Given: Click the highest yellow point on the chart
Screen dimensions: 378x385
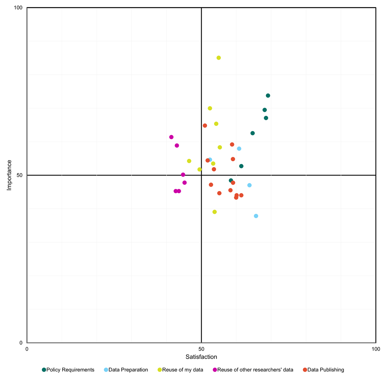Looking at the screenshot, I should [x=218, y=58].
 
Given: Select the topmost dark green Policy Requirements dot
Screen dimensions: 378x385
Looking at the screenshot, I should [x=268, y=96].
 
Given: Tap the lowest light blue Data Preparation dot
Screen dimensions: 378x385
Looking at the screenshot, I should [x=256, y=216].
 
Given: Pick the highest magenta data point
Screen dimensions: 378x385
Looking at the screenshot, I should [x=171, y=137].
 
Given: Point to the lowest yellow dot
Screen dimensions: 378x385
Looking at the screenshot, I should [x=215, y=212].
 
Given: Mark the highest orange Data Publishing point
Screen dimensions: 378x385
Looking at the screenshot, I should [x=205, y=126].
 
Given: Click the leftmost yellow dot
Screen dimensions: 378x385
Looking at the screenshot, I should [x=189, y=161].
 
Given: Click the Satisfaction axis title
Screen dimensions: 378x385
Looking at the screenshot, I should [x=201, y=357].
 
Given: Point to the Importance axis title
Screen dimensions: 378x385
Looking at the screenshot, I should [x=9, y=175].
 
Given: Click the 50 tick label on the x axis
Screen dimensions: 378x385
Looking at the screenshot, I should [x=201, y=349].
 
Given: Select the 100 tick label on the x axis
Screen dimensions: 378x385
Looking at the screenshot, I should [x=375, y=349].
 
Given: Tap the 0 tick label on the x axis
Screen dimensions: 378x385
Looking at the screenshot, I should [x=27, y=349].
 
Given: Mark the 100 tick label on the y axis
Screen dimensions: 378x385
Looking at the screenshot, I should [x=18, y=8].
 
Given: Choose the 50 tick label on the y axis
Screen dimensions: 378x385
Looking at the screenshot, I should [x=20, y=175].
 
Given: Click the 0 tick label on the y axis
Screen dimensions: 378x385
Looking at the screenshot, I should [x=21, y=343].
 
